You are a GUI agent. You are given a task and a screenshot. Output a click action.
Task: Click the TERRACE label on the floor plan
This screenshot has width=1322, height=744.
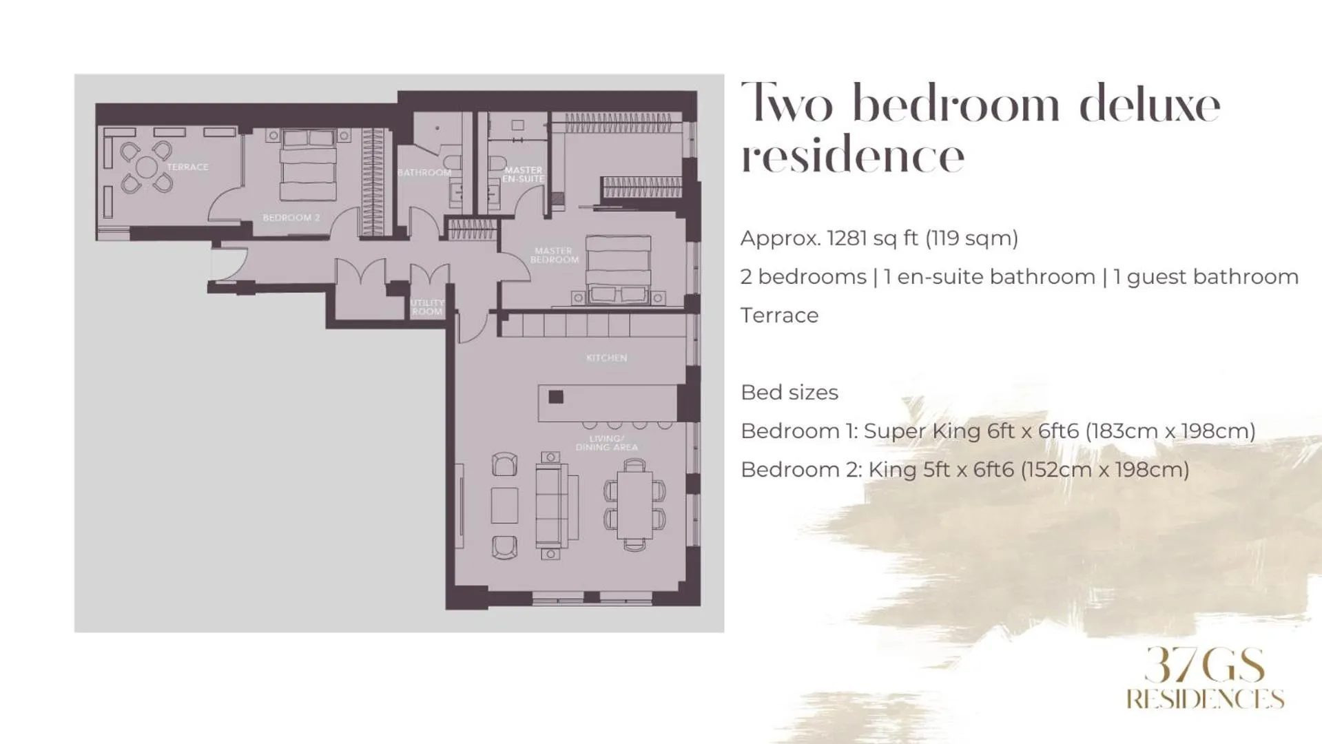point(187,167)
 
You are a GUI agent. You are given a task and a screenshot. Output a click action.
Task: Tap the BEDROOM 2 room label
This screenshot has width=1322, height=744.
point(291,218)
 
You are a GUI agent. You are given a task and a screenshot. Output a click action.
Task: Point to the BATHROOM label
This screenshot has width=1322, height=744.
point(424,172)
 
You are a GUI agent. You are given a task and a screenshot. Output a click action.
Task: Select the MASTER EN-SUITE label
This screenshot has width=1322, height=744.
point(524,174)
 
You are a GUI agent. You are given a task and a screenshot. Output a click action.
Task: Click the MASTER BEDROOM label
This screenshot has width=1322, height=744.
point(555,256)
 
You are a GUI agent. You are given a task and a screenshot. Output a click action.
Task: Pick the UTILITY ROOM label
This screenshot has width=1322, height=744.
point(427,307)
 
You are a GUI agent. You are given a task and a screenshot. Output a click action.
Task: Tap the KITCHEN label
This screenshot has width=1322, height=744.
point(606,358)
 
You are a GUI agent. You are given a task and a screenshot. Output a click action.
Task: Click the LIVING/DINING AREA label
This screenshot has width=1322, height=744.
point(606,443)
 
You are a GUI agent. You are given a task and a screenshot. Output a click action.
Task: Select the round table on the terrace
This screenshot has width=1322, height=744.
point(146,167)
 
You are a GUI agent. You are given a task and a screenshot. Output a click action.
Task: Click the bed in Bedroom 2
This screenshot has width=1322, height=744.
point(308,165)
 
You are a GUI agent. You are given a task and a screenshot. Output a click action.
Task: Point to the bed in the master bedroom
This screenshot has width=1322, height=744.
point(618,265)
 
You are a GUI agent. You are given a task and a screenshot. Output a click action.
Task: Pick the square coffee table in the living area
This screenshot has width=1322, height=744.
point(504,506)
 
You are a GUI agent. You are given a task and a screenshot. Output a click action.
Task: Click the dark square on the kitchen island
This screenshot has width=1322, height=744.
point(556,397)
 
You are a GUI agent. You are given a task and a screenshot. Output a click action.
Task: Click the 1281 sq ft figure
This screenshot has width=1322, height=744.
point(872,238)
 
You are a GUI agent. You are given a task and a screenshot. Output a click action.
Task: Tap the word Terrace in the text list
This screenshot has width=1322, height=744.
point(779,316)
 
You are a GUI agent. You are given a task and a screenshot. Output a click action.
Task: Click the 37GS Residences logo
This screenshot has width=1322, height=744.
point(1205,679)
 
